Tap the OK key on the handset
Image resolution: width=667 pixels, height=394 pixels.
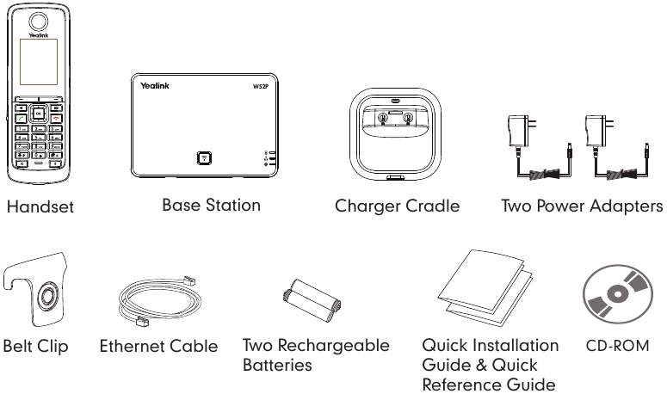tap(40, 112)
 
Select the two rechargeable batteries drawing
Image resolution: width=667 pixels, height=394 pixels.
tap(312, 301)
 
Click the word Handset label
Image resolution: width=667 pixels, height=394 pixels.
tap(40, 206)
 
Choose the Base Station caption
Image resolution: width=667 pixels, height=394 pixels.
tap(211, 206)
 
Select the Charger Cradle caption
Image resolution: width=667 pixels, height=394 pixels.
tap(398, 206)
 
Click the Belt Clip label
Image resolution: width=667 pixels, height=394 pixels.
tap(35, 348)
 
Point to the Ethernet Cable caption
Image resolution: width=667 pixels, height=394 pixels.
tap(158, 348)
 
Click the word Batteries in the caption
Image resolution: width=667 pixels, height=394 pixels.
tap(277, 366)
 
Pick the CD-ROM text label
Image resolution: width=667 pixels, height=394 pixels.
tap(618, 348)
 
